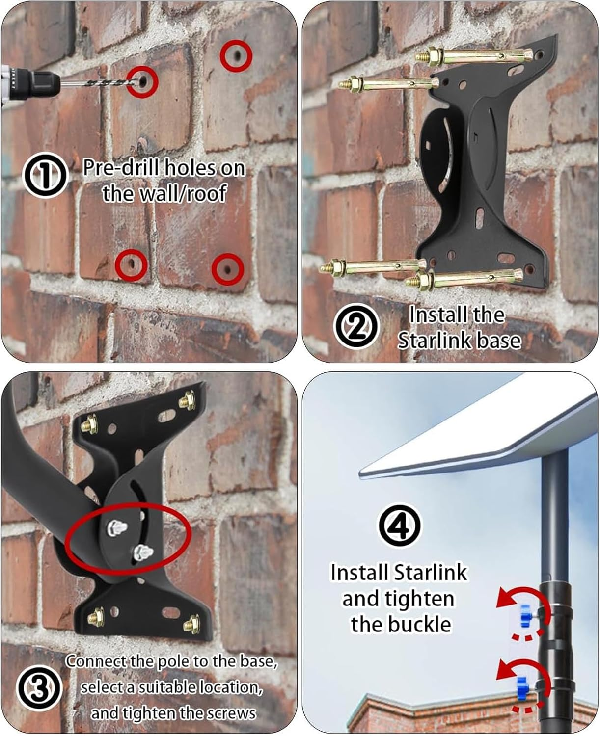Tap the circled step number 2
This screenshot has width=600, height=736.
tap(356, 325)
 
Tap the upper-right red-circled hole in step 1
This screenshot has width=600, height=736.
tap(236, 55)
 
